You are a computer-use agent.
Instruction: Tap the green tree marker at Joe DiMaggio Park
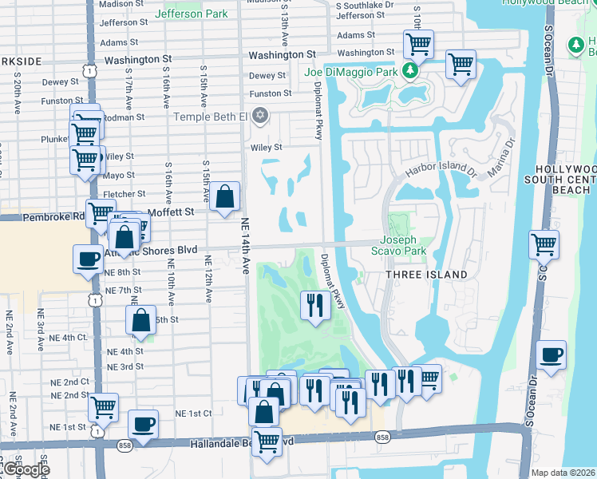click(409, 71)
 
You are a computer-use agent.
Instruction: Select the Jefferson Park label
click(192, 14)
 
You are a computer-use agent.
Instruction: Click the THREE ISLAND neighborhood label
click(426, 275)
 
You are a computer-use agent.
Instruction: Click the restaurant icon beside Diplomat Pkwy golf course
click(315, 304)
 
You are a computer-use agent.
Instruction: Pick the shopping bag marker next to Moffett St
click(226, 196)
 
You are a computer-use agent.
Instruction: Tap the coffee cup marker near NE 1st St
click(143, 424)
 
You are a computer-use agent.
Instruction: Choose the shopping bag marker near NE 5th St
click(140, 319)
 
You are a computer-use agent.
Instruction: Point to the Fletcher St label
click(124, 194)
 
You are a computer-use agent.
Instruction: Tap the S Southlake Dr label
click(365, 5)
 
